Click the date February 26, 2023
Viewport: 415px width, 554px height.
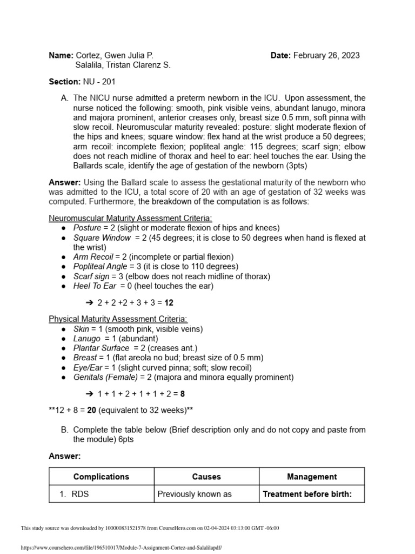(x=326, y=55)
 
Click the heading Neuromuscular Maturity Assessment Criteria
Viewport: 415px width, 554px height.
(x=131, y=218)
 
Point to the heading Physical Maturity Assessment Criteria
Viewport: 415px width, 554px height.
(x=118, y=319)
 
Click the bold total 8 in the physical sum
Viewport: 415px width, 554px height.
(x=183, y=394)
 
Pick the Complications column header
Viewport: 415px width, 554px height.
(x=101, y=477)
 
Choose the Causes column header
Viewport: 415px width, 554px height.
(x=206, y=477)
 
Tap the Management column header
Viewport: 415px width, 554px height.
(x=312, y=477)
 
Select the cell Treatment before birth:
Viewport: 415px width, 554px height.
(x=307, y=493)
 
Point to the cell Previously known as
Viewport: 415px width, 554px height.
(x=186, y=493)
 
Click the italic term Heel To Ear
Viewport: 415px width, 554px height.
(x=95, y=286)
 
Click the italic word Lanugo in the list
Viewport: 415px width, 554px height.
(x=87, y=339)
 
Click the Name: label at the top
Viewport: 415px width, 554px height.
(x=60, y=55)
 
